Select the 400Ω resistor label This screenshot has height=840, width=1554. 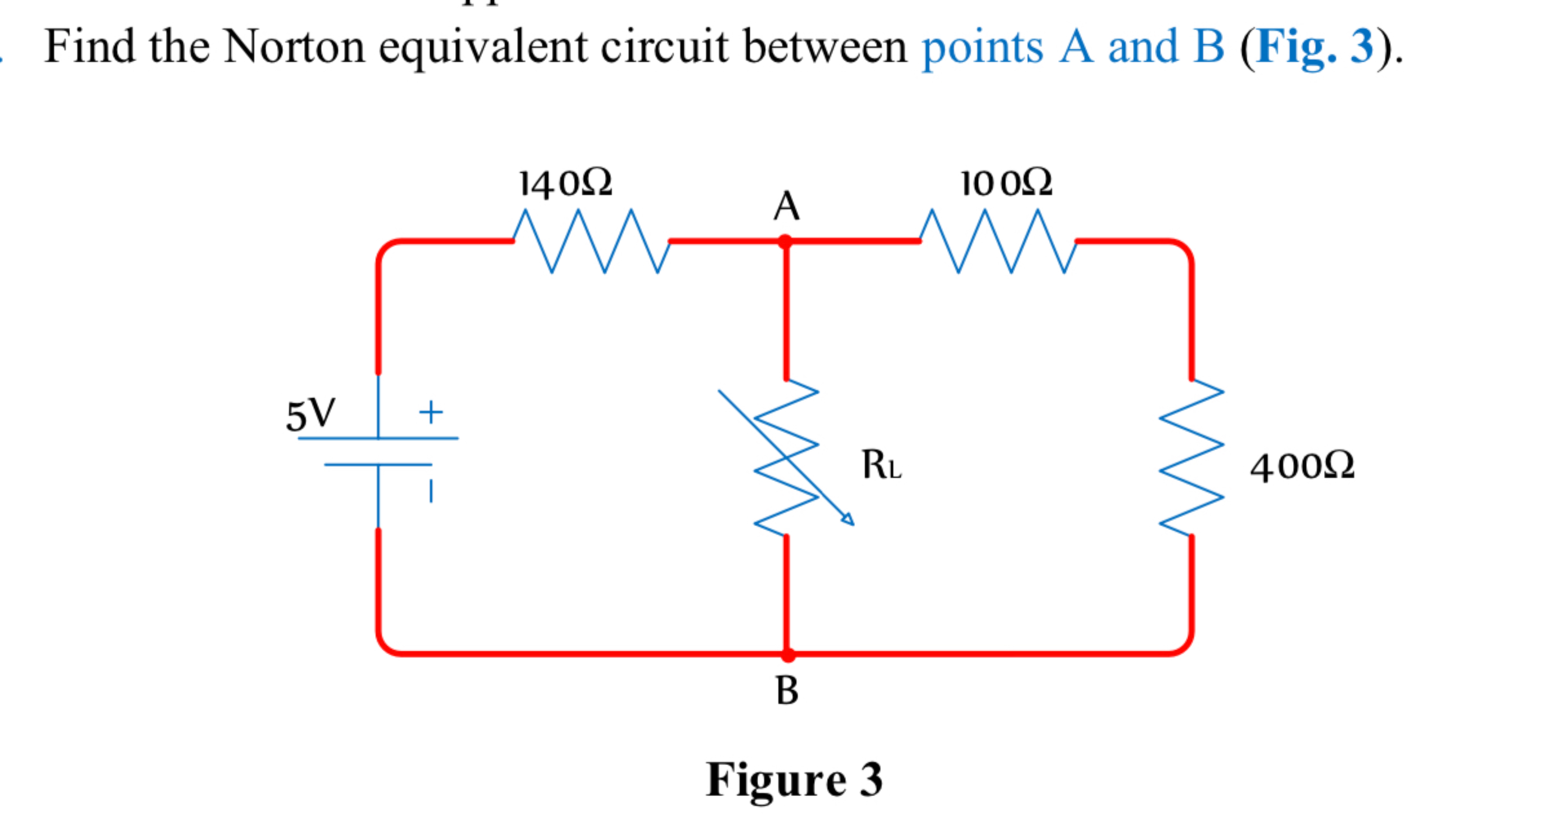point(1302,466)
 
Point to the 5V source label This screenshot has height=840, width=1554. point(310,415)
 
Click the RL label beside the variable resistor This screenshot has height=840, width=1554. point(881,465)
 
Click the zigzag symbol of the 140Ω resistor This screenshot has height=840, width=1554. point(591,242)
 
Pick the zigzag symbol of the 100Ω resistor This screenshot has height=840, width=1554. point(998,242)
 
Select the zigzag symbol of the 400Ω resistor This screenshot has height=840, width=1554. point(1192,457)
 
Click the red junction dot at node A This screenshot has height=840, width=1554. point(785,242)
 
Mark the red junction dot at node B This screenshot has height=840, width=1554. point(787,654)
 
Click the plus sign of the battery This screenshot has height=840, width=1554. point(431,413)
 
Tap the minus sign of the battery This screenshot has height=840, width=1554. point(431,490)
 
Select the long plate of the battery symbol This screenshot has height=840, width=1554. point(378,438)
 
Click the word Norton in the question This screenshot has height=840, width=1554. point(294,47)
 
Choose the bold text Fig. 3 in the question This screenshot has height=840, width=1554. point(1315,47)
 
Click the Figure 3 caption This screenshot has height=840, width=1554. point(794,780)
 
